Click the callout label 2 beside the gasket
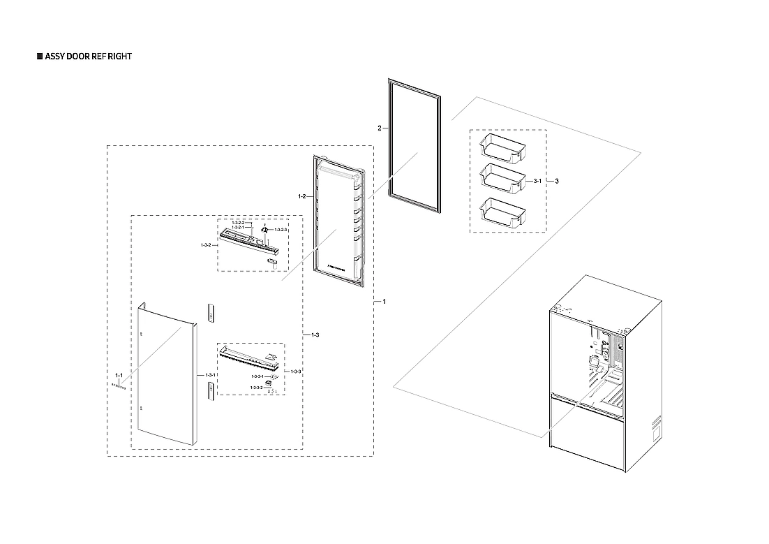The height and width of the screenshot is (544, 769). pos(379,128)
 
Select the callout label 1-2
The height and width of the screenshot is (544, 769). pos(302,197)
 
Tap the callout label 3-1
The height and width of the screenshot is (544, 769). pos(537,181)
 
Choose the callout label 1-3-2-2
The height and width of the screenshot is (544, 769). pos(237,222)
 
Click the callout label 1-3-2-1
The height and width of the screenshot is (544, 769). pos(237,227)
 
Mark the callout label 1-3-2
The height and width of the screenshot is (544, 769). pos(206,245)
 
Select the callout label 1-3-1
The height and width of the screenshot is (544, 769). pos(210,376)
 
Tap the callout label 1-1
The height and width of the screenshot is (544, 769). pos(119,376)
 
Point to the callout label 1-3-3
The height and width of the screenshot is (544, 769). pos(296,371)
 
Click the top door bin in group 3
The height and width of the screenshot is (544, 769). pos(503,149)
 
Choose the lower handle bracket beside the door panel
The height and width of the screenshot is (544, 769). pos(210,390)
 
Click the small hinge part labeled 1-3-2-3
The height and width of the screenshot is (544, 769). pos(265,228)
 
